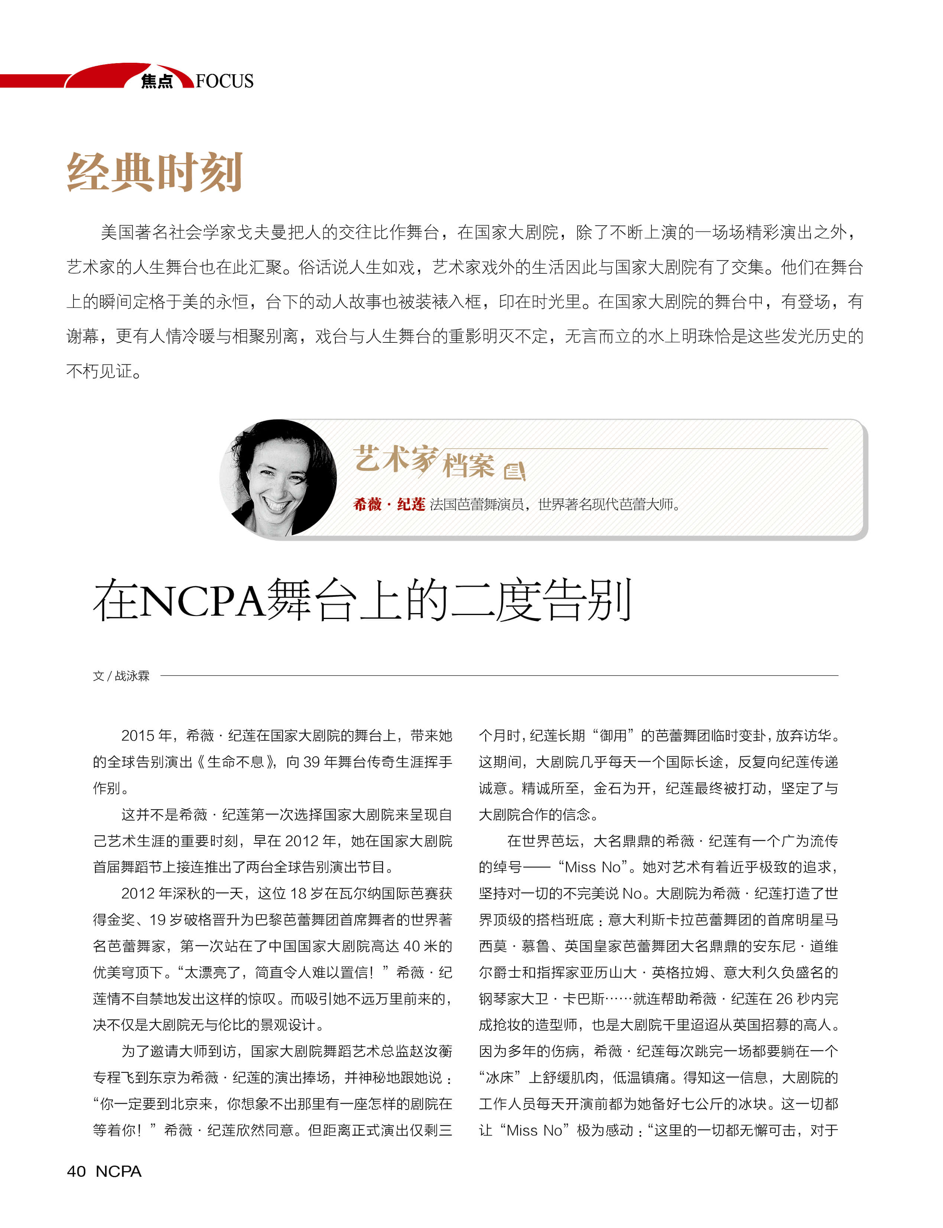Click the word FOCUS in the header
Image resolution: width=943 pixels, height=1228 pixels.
click(x=225, y=81)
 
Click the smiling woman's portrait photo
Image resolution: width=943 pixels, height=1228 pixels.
click(x=278, y=478)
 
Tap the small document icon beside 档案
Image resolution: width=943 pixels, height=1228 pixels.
click(x=514, y=471)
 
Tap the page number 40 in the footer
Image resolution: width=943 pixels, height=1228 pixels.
click(x=77, y=1171)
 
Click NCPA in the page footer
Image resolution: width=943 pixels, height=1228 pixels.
click(x=118, y=1171)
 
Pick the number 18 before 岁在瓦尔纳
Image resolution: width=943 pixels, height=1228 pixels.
click(x=298, y=893)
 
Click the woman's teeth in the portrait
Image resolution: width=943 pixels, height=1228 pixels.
click(x=276, y=504)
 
